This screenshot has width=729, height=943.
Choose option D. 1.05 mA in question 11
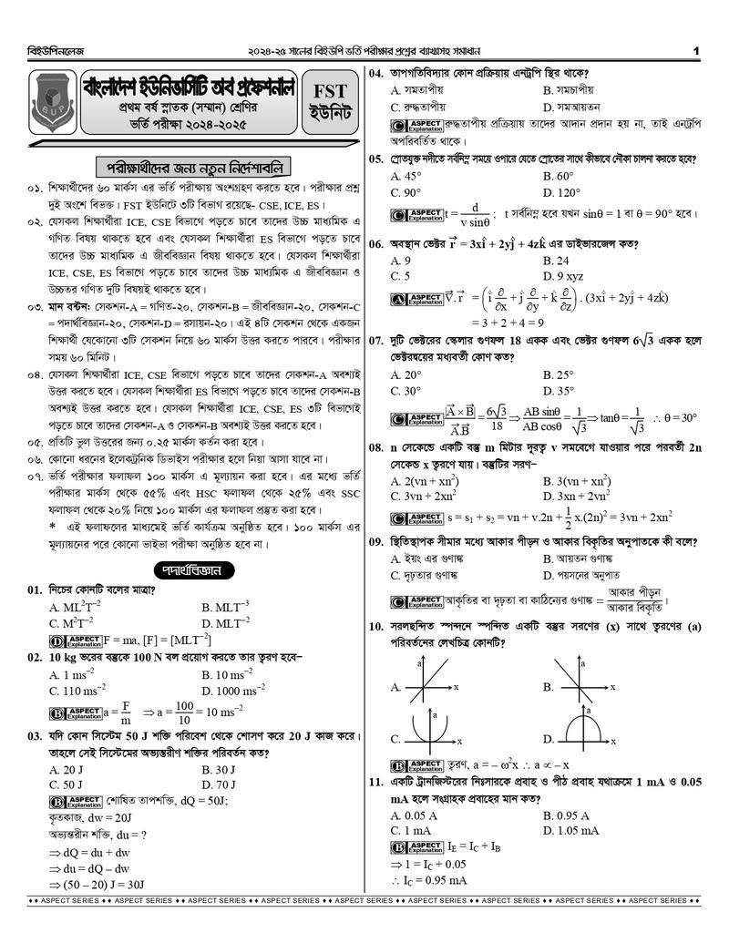point(570,830)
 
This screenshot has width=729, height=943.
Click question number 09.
point(376,541)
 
